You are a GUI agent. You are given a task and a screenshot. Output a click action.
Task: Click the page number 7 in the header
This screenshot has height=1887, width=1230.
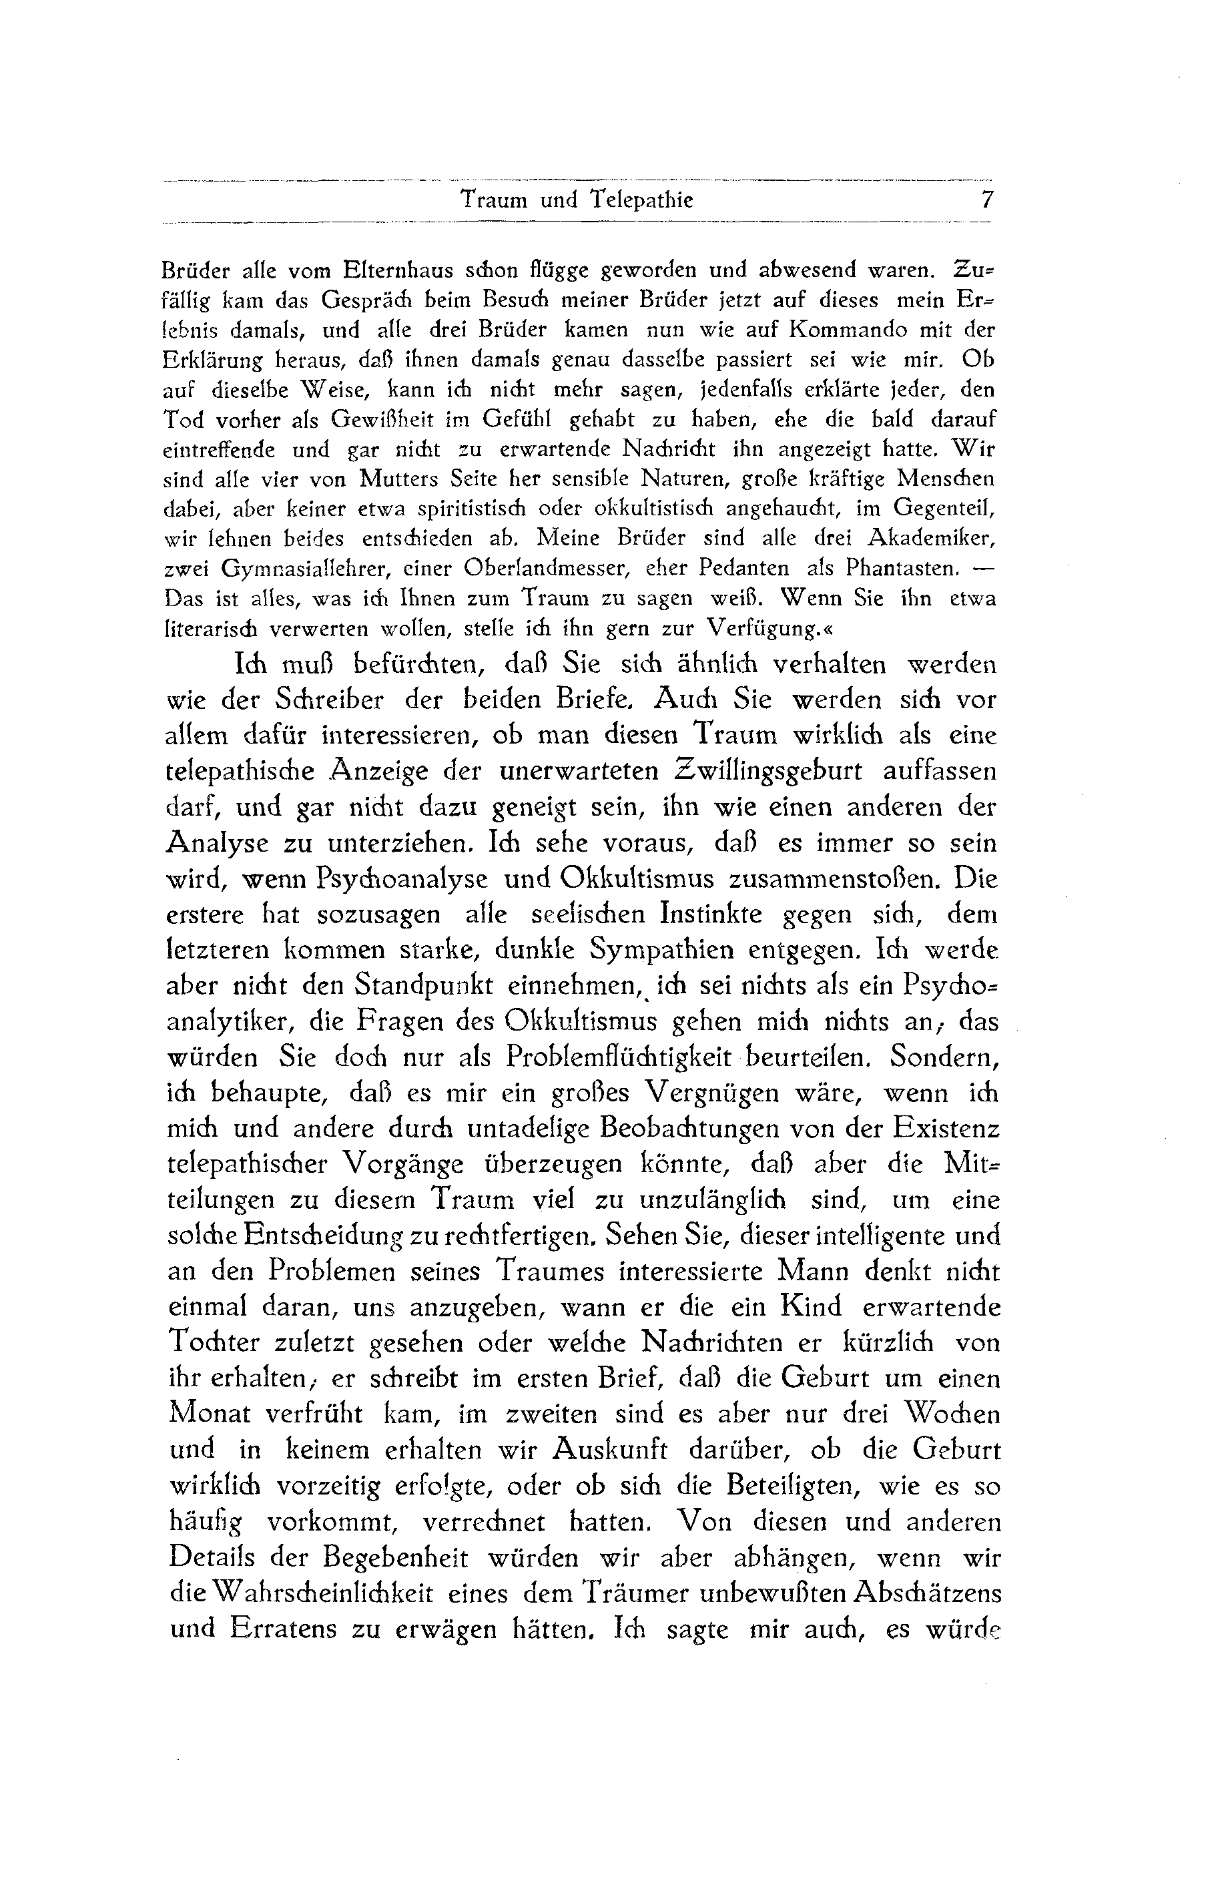coord(986,200)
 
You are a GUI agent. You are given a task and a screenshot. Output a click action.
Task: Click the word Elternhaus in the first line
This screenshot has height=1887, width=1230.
coord(396,270)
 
